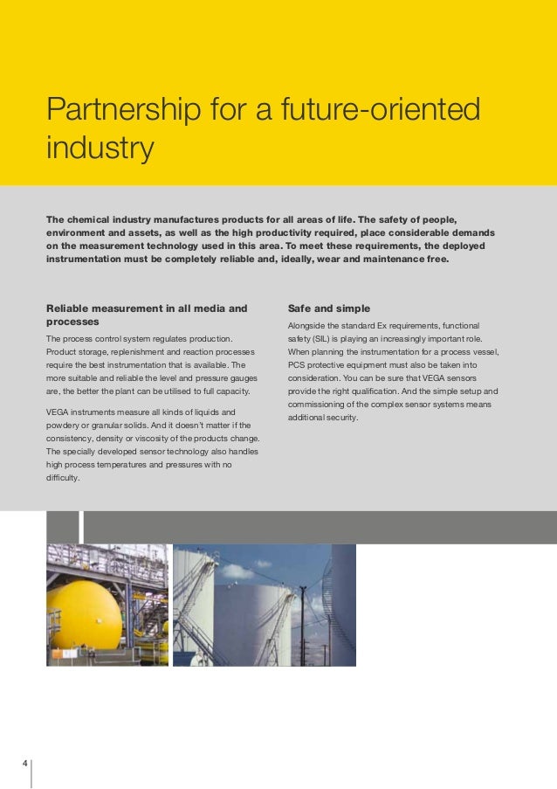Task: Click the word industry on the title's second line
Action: pos(100,148)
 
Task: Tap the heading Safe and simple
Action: pos(328,308)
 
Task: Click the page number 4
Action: pos(25,765)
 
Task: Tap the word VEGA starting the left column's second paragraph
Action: pos(58,412)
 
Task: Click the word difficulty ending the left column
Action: pos(63,478)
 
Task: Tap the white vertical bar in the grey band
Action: pos(81,527)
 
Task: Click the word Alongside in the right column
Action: pos(307,325)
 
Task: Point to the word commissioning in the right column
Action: pos(316,405)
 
